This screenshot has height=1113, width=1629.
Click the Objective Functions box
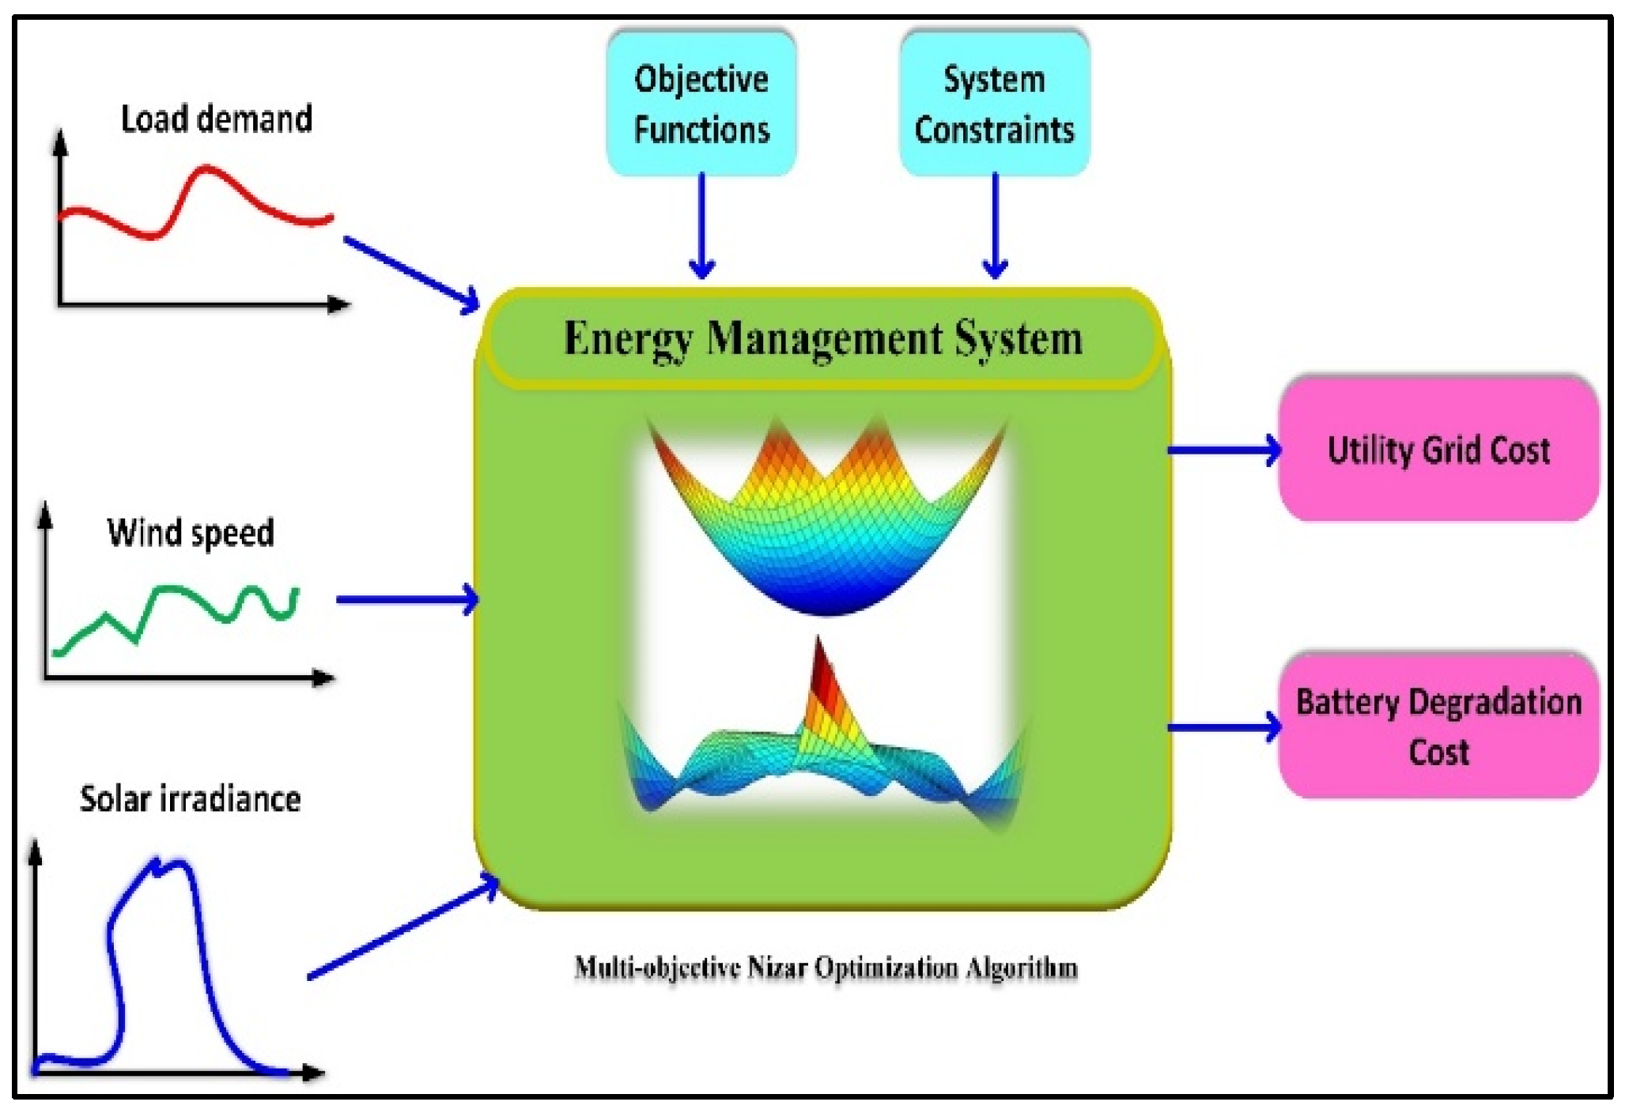(701, 103)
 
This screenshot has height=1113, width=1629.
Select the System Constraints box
(994, 103)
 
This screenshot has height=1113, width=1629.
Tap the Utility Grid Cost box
(1438, 449)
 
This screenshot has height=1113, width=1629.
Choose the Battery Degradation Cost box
(1438, 726)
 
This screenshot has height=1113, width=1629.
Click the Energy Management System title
(822, 338)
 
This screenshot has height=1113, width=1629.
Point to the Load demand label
(216, 119)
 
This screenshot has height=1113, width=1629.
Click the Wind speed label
(191, 532)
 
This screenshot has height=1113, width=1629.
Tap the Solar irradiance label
(190, 798)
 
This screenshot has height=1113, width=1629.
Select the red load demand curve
(206, 170)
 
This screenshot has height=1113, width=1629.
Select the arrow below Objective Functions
(701, 225)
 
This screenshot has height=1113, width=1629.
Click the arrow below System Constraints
(995, 225)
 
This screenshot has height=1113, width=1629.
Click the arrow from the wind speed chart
(406, 599)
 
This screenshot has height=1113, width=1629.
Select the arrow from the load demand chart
(411, 274)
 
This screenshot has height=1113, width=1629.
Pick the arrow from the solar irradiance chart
(403, 929)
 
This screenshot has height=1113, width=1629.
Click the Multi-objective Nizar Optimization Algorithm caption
(826, 968)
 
